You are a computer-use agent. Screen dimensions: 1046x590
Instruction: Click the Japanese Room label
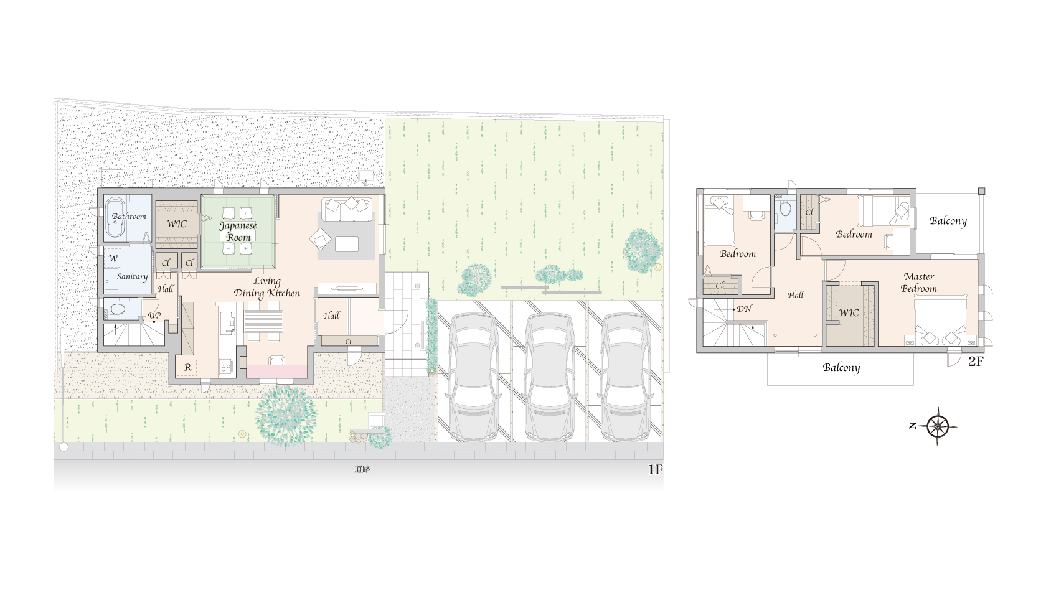coord(238,232)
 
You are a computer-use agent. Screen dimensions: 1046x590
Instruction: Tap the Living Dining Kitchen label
coord(267,287)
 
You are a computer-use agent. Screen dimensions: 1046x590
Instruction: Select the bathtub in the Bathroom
coord(115,218)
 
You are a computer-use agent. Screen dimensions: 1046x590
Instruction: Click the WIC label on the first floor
coord(177,223)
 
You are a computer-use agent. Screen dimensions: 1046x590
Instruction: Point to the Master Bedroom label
coord(919,283)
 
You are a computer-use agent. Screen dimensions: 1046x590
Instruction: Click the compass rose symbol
coord(937,426)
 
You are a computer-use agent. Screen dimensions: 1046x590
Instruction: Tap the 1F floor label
coord(655,469)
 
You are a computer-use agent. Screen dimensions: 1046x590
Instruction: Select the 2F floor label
coord(976,361)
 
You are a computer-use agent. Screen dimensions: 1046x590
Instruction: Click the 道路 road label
coord(362,469)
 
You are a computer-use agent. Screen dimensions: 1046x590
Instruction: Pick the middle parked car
coord(549,377)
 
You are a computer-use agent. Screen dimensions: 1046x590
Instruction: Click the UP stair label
coord(154,315)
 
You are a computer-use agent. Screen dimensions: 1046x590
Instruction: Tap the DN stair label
coord(745,309)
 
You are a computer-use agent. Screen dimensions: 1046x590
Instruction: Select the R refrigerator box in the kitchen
coord(187,367)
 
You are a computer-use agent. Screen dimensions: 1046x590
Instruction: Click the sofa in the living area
coord(347,210)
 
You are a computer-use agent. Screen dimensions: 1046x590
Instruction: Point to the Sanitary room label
coord(132,276)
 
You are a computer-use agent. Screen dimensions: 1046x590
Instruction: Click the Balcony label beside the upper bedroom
coord(948,221)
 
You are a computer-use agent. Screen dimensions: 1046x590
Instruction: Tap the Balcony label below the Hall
coord(842,368)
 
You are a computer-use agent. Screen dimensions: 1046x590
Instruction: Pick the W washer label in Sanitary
coord(113,259)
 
